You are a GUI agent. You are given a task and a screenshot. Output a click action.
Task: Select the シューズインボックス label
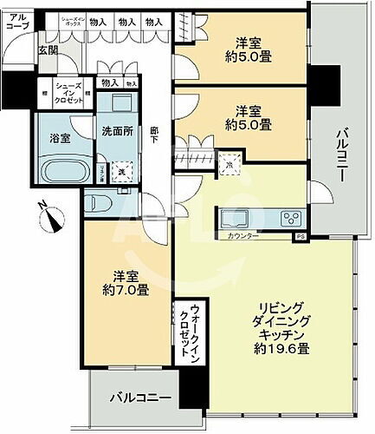[72, 21]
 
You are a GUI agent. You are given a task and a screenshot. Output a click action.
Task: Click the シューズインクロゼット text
[70, 93]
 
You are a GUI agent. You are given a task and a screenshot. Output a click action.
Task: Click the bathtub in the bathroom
[61, 168]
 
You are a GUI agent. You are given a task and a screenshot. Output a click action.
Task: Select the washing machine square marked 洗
[121, 171]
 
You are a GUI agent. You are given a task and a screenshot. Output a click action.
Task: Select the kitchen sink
[235, 217]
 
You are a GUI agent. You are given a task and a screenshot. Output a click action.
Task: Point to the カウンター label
[242, 235]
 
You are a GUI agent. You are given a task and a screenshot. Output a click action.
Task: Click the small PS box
[301, 235]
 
